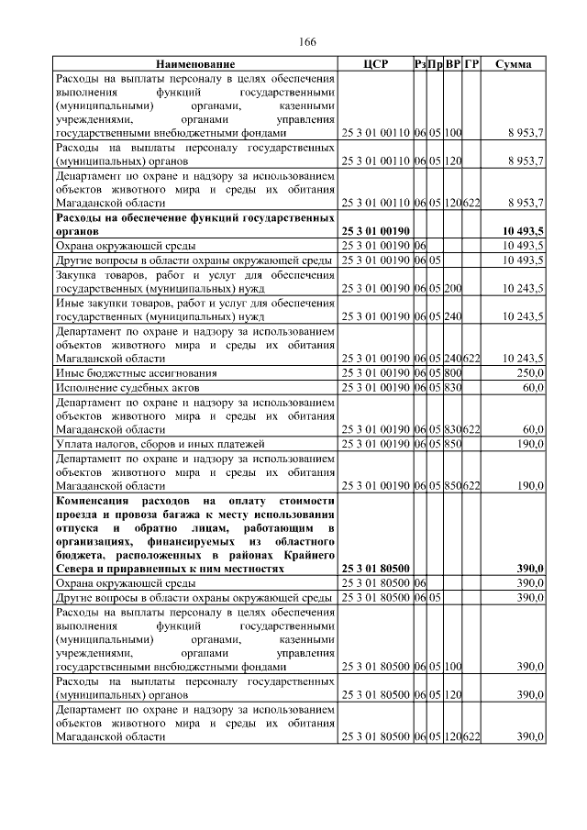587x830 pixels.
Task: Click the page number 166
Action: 307,42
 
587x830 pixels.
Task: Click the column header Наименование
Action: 195,64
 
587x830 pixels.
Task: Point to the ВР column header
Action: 453,64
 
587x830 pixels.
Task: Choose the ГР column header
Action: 471,64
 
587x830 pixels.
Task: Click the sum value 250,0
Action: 528,373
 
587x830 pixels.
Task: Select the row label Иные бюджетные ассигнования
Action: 136,373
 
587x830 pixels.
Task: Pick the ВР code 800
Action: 453,373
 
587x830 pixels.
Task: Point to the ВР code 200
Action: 453,288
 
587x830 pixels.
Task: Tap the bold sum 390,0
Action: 528,569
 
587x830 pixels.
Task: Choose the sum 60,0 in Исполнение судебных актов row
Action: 531,388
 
